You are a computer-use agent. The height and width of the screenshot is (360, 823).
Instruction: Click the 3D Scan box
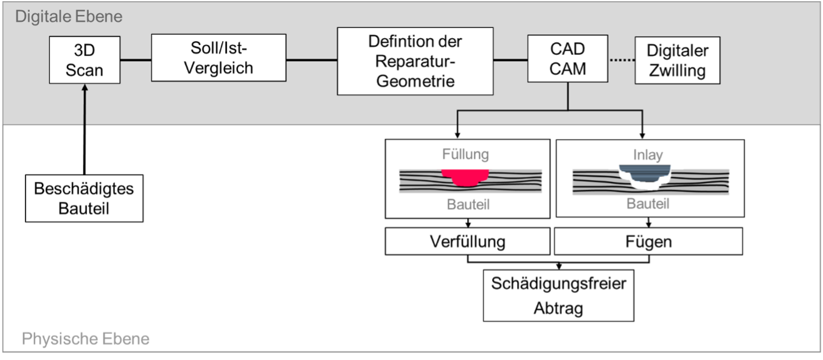[x=85, y=60]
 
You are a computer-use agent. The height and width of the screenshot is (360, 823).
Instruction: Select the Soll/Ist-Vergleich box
[x=218, y=58]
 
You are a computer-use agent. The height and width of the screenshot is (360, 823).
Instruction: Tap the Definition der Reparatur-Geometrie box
[x=415, y=61]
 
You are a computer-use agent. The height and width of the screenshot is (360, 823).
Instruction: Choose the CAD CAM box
[x=568, y=59]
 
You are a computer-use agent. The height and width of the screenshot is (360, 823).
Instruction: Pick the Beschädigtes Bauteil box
[x=84, y=198]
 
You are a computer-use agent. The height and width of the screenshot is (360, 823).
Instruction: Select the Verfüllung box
[x=467, y=241]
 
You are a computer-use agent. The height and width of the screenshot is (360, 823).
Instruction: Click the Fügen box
[x=648, y=241]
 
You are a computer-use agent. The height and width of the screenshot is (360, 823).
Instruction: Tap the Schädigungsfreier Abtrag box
[x=558, y=296]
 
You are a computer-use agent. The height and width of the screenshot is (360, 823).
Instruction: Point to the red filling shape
[x=465, y=177]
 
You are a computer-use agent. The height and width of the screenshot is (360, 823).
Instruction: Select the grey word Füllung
[x=465, y=154]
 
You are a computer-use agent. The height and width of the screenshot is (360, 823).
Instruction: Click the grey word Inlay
[x=648, y=154]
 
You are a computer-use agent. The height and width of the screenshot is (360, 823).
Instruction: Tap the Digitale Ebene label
[x=68, y=16]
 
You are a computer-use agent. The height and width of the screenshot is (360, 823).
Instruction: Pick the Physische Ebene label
[x=85, y=339]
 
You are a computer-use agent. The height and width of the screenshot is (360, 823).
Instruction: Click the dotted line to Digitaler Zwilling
[x=620, y=60]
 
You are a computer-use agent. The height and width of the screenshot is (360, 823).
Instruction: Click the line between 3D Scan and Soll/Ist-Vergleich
[x=136, y=60]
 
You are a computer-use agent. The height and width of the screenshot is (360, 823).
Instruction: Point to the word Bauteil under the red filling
[x=467, y=204]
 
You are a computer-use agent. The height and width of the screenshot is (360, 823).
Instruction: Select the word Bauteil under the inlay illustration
[x=648, y=204]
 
